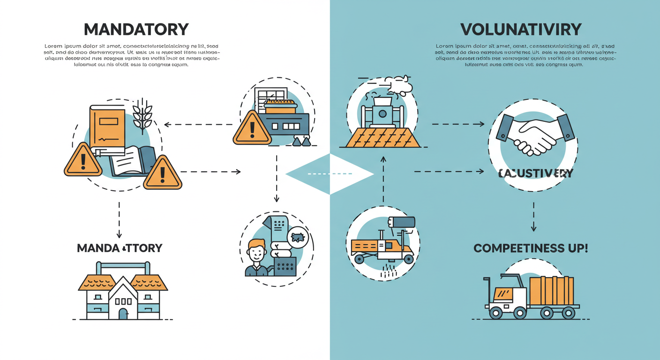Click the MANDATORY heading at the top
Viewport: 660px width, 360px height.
[136, 30]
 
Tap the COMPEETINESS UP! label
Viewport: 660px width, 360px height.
[530, 248]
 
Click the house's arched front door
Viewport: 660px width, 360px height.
[123, 313]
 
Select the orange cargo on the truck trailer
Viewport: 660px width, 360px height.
[551, 291]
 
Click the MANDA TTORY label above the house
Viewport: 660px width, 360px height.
[120, 248]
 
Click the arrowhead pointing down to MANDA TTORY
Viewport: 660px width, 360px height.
[119, 234]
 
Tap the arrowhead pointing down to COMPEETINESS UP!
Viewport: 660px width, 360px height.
[533, 228]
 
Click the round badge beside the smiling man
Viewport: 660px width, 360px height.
[298, 237]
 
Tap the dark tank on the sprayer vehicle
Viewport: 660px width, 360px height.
[402, 222]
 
